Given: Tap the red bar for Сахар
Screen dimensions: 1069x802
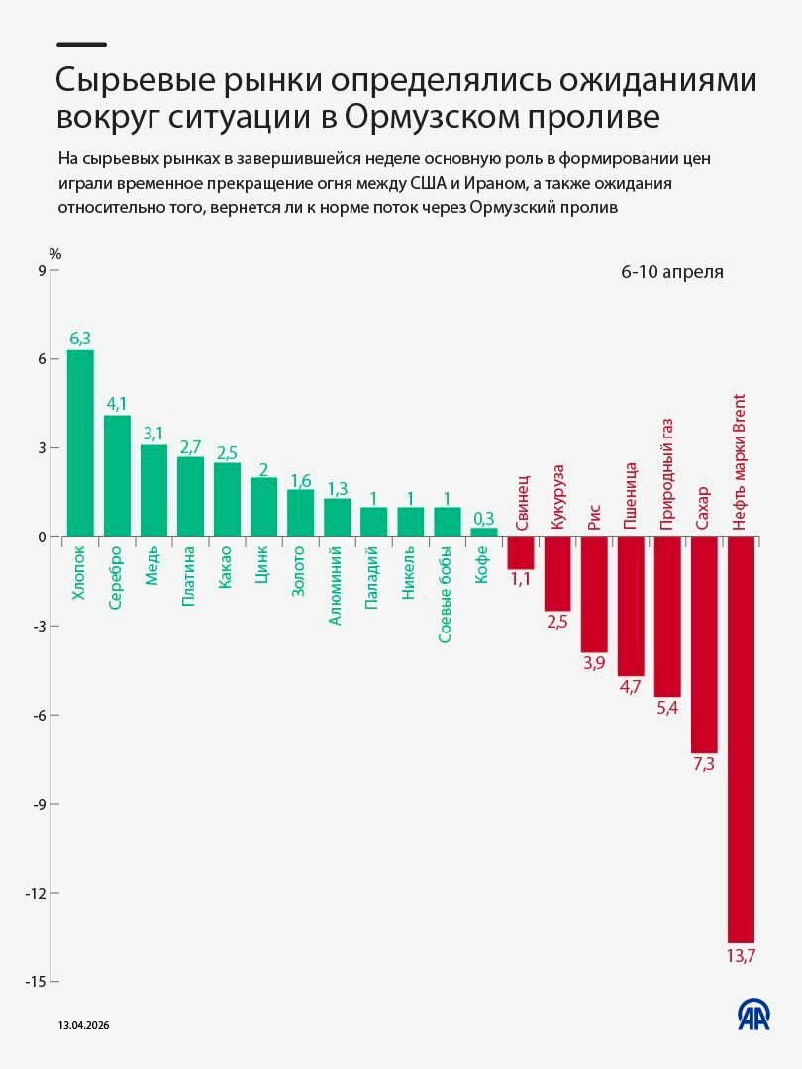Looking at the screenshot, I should point(704,644).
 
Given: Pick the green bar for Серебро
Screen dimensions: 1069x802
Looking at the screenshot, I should point(117,476).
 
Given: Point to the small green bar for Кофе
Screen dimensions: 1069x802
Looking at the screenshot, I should point(483,532).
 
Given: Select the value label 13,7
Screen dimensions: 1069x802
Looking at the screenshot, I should point(741,955).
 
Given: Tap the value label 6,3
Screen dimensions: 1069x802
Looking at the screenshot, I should point(80,339).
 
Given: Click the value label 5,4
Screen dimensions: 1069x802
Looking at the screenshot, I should point(667,709).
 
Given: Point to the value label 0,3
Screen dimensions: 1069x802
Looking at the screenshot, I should point(483,517).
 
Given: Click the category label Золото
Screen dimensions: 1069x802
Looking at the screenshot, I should point(299,571).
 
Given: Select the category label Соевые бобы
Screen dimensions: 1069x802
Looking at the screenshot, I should point(446,594).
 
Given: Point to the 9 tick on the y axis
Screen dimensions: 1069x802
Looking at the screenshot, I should point(42,270).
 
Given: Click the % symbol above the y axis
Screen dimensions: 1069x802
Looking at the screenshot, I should point(55,254).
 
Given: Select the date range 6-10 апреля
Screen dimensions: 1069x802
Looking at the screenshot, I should point(672,272).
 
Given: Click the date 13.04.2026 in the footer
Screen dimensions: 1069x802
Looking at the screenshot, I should point(83,1027).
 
